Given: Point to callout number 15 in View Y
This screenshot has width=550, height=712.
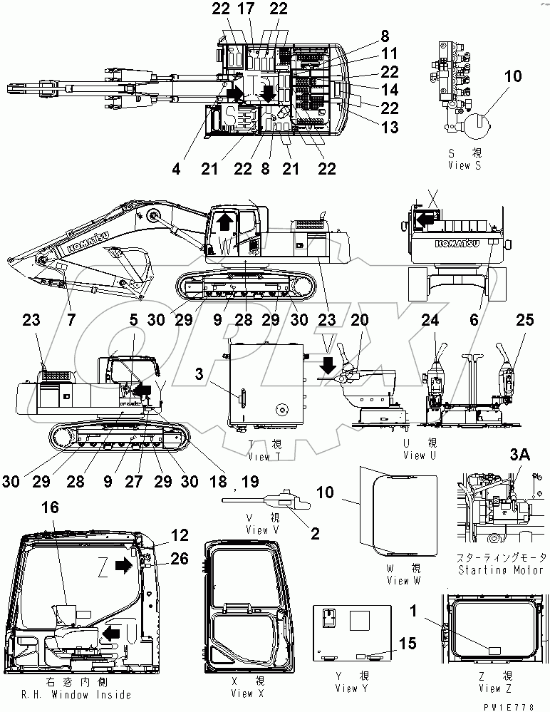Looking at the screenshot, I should click(408, 644).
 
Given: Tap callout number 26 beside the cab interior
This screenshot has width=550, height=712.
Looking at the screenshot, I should click(180, 559).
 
